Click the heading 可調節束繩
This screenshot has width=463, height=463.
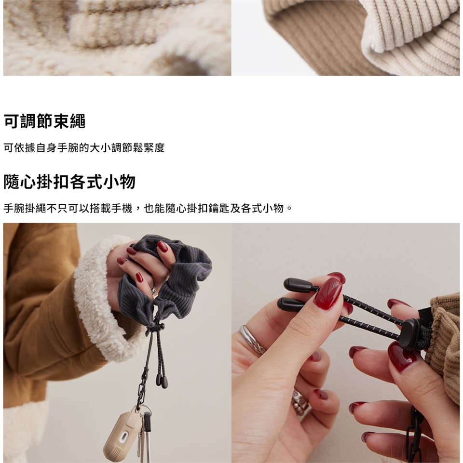tap(44, 121)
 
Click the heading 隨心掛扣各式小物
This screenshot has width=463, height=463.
tap(69, 181)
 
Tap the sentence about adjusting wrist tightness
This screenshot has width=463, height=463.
tap(84, 147)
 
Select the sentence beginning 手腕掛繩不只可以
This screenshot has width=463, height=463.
tap(148, 209)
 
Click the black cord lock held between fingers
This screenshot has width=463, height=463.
tap(411, 334)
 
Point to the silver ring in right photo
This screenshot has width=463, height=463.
tap(251, 339)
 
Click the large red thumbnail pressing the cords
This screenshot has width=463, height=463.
tap(327, 294)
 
